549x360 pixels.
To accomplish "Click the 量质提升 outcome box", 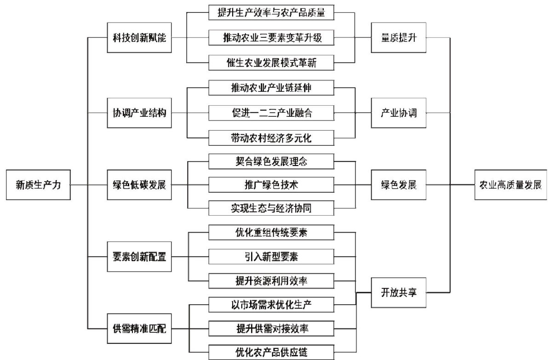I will tap(399, 38).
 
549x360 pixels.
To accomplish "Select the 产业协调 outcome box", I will tap(399, 112).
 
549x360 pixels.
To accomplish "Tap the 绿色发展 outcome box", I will tap(399, 185).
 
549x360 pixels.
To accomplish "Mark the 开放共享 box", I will tap(399, 292).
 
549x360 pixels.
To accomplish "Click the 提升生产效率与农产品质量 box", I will tap(271, 13).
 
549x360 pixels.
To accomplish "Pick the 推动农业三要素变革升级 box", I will tap(271, 38).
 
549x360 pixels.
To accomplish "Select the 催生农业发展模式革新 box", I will tap(271, 63).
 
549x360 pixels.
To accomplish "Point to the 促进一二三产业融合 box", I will tap(271, 112).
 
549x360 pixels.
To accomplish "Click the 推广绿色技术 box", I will tap(271, 185).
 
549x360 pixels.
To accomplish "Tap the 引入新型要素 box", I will tap(271, 256).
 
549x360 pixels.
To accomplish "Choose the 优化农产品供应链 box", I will tap(271, 352).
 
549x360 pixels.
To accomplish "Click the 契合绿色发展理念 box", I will tap(271, 161).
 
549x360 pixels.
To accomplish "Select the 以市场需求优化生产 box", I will tap(271, 304).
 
